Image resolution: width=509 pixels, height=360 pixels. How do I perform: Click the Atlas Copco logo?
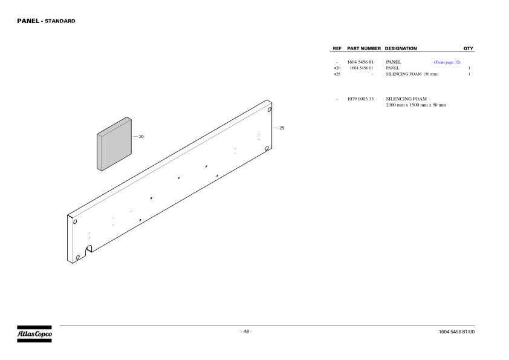click(x=34, y=334)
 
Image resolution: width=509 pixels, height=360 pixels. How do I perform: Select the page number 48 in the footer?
click(x=246, y=332)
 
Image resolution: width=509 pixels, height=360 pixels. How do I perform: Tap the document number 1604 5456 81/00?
click(x=456, y=332)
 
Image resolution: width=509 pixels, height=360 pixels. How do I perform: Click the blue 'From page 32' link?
click(x=447, y=62)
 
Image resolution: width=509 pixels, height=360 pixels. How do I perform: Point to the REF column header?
click(x=337, y=48)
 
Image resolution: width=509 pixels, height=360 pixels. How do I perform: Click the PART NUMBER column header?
click(x=364, y=48)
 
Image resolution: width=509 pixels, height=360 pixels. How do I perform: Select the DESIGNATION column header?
click(x=401, y=48)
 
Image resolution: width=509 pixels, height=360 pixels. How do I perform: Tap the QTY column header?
click(x=468, y=48)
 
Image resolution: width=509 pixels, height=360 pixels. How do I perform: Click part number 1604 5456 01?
click(x=361, y=68)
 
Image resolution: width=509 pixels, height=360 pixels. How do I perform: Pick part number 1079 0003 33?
click(x=360, y=99)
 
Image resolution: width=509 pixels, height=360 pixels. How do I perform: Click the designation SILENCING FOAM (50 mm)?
click(x=412, y=74)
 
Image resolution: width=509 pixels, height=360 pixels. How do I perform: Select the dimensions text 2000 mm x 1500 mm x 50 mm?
click(x=416, y=105)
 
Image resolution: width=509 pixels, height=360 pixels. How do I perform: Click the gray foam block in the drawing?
click(x=114, y=144)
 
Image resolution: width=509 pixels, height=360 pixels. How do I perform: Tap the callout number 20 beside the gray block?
click(x=141, y=137)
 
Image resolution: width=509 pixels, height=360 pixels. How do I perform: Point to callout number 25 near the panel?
click(x=282, y=128)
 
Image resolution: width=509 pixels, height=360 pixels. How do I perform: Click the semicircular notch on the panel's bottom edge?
click(x=89, y=249)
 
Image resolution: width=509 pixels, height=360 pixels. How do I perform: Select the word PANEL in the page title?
click(x=28, y=21)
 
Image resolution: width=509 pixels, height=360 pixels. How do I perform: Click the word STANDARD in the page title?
click(x=60, y=21)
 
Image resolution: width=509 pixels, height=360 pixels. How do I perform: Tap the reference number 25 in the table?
click(x=337, y=74)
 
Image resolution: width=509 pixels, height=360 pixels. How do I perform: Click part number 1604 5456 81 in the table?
click(x=360, y=62)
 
